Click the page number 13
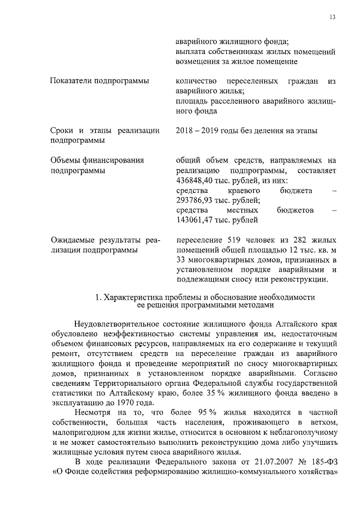[x=332, y=17]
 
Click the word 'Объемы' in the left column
[x=66, y=160]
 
